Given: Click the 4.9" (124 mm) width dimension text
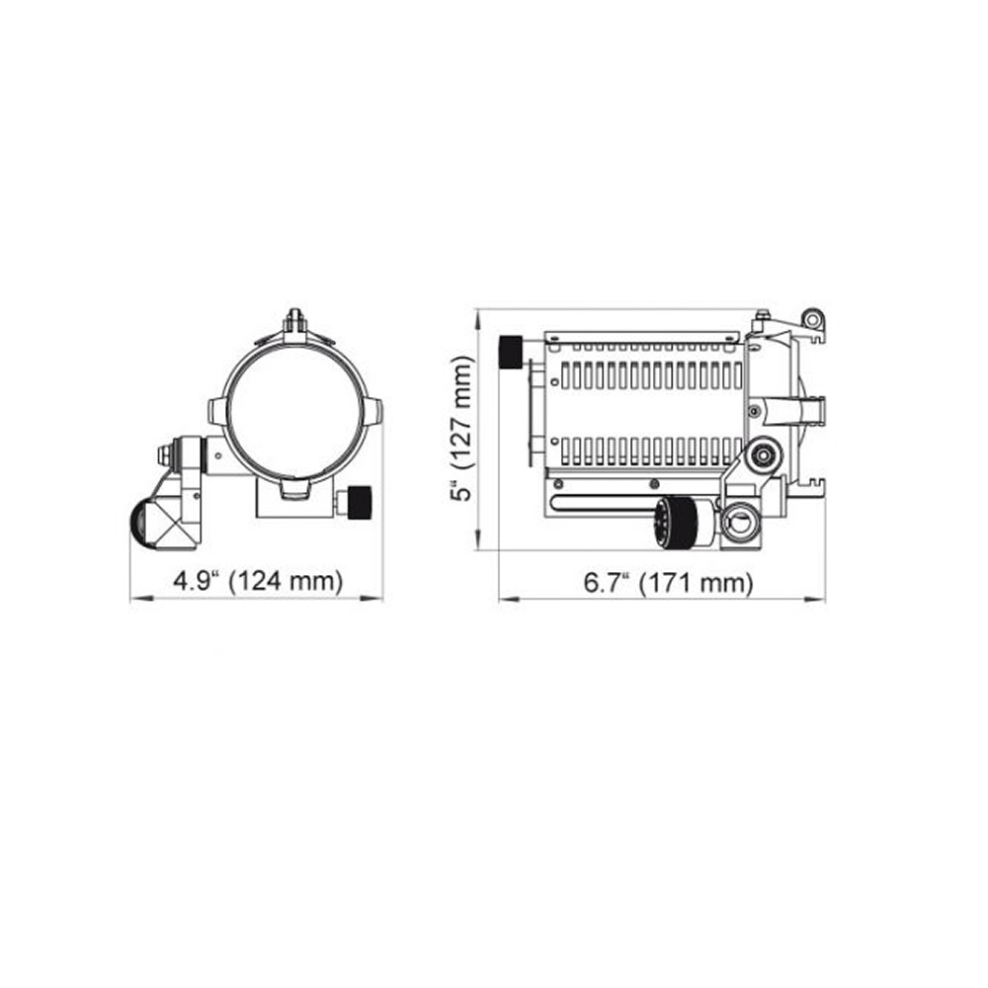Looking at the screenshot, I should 257,581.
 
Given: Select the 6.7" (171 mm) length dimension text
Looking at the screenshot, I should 668,583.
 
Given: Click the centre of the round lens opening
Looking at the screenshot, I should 293,411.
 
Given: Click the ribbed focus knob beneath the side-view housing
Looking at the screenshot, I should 671,522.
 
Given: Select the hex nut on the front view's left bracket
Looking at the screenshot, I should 164,454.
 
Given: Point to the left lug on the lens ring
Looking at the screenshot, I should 217,411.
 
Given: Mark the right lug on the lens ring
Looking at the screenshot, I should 371,411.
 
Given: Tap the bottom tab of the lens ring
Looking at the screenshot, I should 293,489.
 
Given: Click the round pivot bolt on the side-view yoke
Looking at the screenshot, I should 762,455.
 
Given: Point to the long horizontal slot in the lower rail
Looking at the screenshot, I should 632,502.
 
